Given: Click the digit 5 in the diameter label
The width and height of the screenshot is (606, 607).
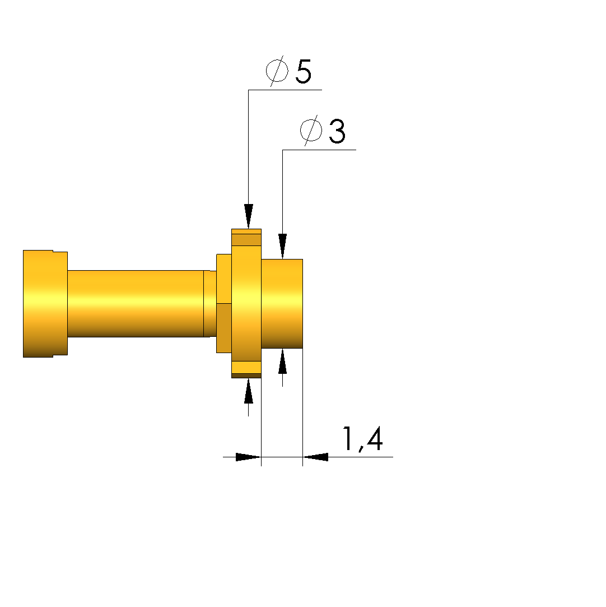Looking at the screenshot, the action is (304, 72).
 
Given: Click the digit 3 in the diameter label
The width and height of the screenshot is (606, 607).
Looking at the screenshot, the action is (337, 131).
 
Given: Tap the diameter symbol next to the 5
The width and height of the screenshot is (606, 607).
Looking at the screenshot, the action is (277, 71).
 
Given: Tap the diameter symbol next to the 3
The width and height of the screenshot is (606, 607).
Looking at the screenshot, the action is (311, 131).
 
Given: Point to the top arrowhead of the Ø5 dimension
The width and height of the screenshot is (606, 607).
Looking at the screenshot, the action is (248, 216).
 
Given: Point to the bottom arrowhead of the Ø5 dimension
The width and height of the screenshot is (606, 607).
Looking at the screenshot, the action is (248, 391).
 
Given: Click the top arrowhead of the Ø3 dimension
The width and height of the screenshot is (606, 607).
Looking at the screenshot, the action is (282, 246).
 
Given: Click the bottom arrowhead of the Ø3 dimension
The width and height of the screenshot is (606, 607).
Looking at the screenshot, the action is (282, 361).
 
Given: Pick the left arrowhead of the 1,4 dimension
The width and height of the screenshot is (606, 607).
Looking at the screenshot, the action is (248, 457).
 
